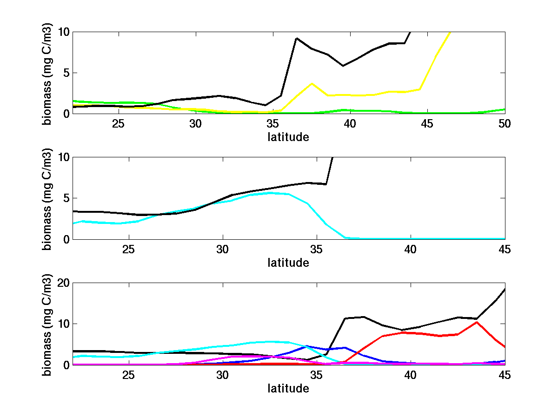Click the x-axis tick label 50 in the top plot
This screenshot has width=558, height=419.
(x=505, y=123)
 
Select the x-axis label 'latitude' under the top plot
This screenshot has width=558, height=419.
(x=288, y=137)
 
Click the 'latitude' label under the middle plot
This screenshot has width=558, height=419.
(x=288, y=263)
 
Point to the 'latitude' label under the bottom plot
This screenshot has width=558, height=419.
(x=288, y=388)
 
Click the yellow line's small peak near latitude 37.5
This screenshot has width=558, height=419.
(x=312, y=83)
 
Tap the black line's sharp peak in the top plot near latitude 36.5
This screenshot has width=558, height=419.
(x=296, y=38)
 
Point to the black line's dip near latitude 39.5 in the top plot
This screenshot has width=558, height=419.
(x=343, y=66)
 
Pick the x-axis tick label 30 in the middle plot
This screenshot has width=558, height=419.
(x=223, y=249)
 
